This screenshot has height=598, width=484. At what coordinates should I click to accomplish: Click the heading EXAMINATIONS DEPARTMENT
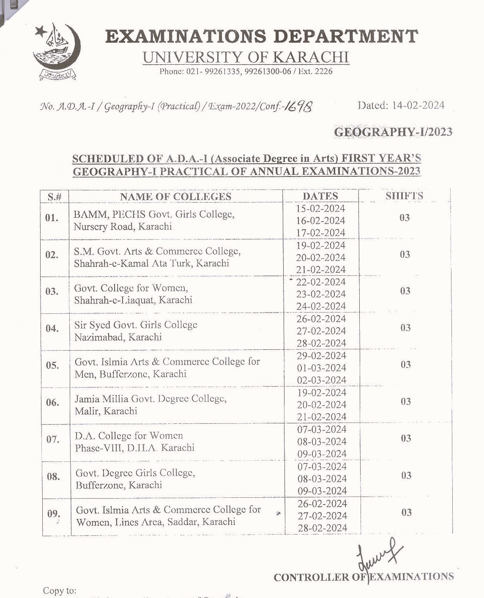(262, 36)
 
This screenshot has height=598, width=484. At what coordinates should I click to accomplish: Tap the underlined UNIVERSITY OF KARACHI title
(246, 57)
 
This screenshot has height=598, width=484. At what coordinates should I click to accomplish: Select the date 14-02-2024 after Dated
(418, 105)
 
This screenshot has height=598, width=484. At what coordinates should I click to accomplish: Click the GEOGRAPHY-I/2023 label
(393, 132)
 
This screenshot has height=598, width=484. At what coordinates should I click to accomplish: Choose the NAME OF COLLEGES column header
(175, 197)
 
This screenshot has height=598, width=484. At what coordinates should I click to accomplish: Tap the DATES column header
(320, 196)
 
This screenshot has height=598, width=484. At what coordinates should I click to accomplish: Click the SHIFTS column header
(404, 196)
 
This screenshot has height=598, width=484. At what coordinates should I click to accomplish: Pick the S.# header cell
(55, 197)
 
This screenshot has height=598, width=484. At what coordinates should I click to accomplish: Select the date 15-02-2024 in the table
(320, 208)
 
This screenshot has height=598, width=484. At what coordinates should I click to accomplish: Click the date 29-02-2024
(321, 356)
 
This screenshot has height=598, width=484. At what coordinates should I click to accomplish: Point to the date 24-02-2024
(321, 306)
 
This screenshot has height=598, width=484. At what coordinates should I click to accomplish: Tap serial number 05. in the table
(52, 365)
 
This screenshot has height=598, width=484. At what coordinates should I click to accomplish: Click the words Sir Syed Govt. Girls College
(136, 325)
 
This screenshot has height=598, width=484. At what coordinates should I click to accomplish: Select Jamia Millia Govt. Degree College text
(150, 399)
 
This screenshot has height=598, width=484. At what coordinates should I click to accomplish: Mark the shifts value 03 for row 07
(406, 438)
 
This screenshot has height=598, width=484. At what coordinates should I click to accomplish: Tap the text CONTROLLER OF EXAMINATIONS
(364, 577)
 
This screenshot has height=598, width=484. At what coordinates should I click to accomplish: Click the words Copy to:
(60, 591)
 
